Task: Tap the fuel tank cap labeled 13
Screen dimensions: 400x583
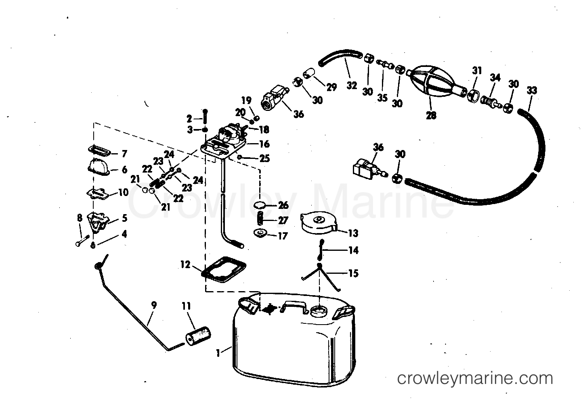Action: coord(318,225)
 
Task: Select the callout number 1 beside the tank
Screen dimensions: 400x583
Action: coord(218,353)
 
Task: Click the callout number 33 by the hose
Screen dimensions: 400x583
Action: coord(532,91)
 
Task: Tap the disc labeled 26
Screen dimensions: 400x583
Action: coord(260,205)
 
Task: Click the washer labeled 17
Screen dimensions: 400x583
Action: coord(260,233)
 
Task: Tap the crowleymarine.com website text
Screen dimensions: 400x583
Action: coord(475,379)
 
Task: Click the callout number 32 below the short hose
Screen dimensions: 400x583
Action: coord(352,85)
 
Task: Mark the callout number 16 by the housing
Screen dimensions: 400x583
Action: coord(264,144)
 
